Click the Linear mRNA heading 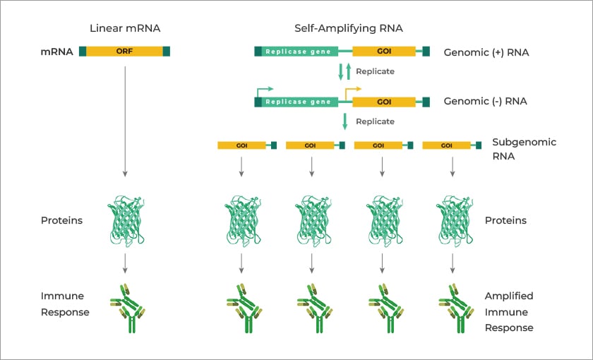(124, 29)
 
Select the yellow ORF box (124, 52)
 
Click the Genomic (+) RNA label (486, 52)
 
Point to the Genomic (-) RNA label (485, 101)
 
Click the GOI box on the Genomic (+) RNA (384, 52)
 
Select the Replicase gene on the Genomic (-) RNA (298, 102)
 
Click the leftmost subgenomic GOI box (241, 145)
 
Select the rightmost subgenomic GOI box (446, 145)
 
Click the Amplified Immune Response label (509, 311)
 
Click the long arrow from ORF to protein (125, 120)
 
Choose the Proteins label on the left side (61, 220)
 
